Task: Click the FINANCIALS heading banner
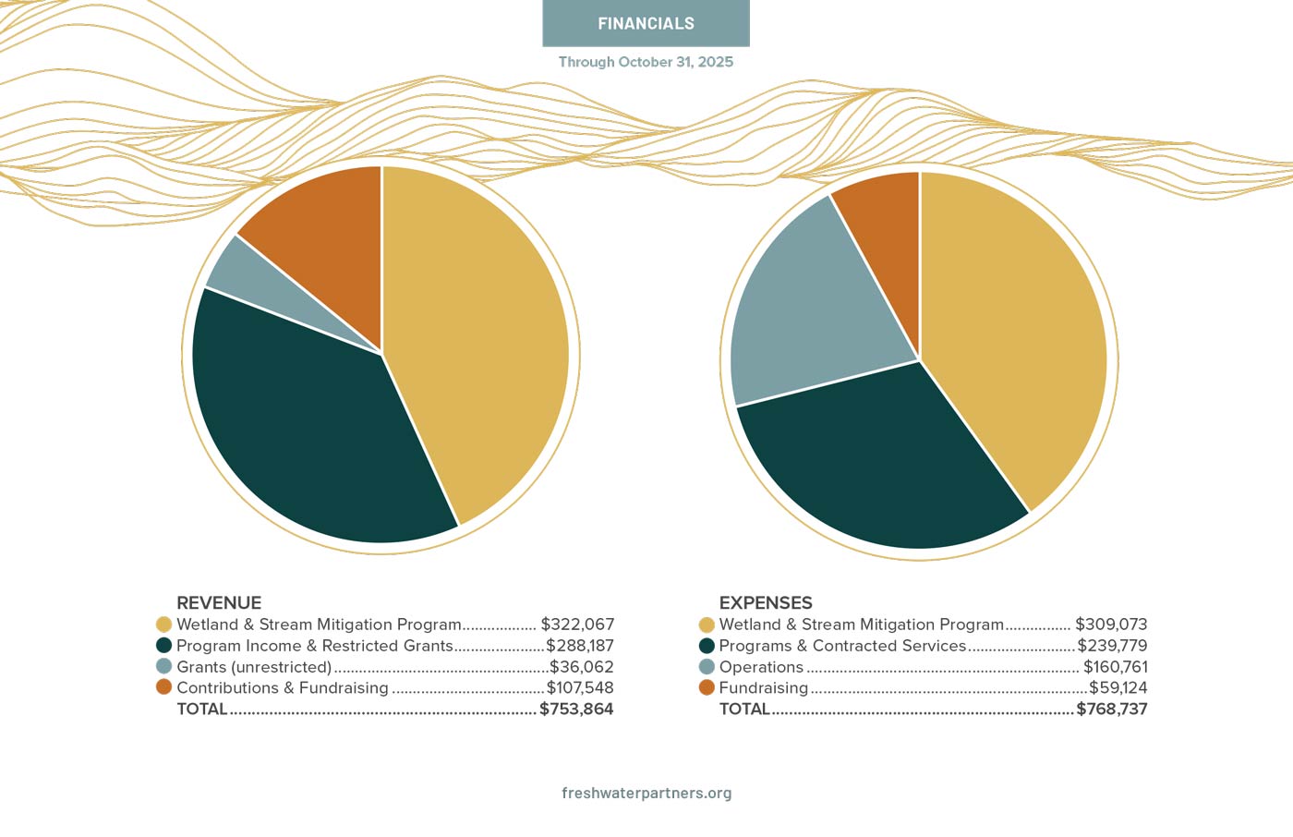646,23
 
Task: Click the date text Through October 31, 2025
646,62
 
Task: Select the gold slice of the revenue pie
480,333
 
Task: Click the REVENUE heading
219,602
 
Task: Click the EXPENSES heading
766,602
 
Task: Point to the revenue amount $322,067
577,625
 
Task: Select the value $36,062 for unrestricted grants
582,667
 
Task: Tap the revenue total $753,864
576,710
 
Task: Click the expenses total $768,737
1112,710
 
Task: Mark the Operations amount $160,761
1116,667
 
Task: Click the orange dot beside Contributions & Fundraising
164,687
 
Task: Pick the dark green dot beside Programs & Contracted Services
707,646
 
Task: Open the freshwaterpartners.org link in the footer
646,793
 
